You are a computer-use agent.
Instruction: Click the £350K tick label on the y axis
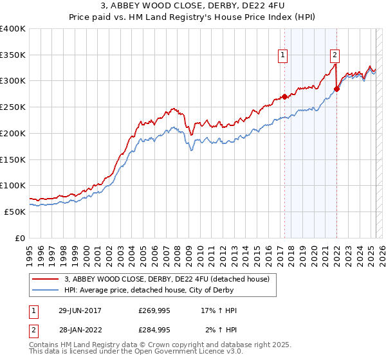tap(13, 55)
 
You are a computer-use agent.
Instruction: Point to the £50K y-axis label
tap(15, 211)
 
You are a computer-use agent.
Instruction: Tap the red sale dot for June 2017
tap(284, 97)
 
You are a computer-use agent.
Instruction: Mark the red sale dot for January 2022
tap(336, 89)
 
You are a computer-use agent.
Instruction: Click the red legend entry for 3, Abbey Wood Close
tap(170, 278)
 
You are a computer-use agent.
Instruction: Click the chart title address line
tap(193, 6)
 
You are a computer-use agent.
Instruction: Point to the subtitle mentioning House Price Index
tap(193, 18)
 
